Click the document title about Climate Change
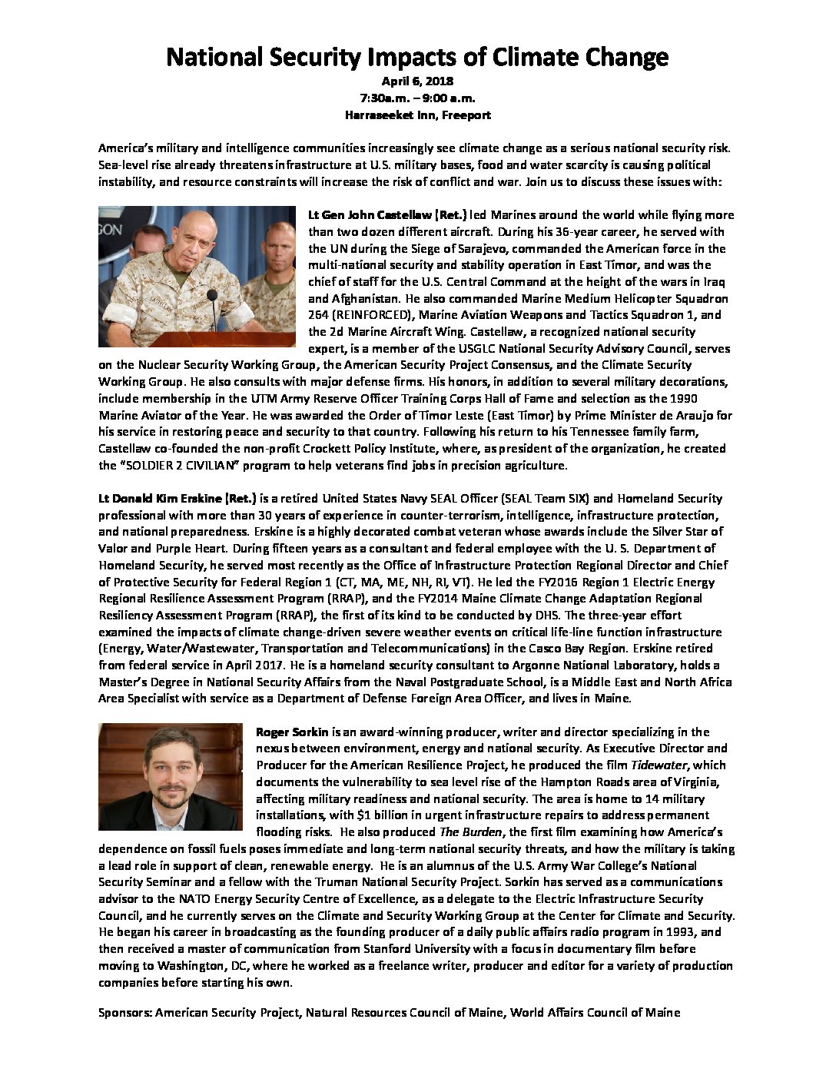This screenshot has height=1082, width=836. click(x=417, y=57)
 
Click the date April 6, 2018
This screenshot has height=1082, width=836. click(x=417, y=81)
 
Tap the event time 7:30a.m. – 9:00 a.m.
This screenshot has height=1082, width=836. click(x=417, y=98)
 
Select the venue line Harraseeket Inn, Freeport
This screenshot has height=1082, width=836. click(x=417, y=115)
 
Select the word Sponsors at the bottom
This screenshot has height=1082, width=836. click(x=125, y=1013)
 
